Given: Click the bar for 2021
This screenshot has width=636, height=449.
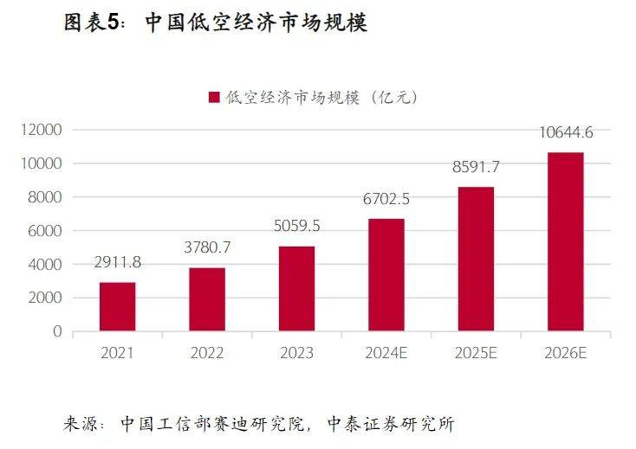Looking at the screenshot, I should coord(117,306).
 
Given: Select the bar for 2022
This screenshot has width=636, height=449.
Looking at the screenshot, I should coord(207,299).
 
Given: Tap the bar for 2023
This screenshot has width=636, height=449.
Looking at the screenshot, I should coord(296,289).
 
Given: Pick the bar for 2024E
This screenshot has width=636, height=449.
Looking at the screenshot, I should coord(386,275).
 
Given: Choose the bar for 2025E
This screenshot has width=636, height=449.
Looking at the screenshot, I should coord(476,259).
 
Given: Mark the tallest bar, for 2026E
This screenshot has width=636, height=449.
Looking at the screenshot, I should coord(565,241).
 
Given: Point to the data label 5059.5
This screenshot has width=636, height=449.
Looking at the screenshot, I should coord(296,227).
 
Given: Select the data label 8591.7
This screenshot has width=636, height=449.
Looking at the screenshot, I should coord(476,167).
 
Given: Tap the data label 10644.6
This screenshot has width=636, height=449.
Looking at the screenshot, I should coord(565,132).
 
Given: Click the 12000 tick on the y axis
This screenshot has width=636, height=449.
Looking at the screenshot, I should coord(43,130).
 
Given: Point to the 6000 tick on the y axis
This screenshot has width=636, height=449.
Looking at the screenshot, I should coord(47,231).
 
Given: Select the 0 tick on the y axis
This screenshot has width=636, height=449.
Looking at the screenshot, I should coord(58,331).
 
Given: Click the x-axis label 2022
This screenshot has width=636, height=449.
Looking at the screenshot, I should coord(207,353).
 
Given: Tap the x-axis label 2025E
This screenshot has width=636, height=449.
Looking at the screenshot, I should coord(476,353).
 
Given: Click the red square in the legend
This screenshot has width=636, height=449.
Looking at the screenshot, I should coord(214,98).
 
